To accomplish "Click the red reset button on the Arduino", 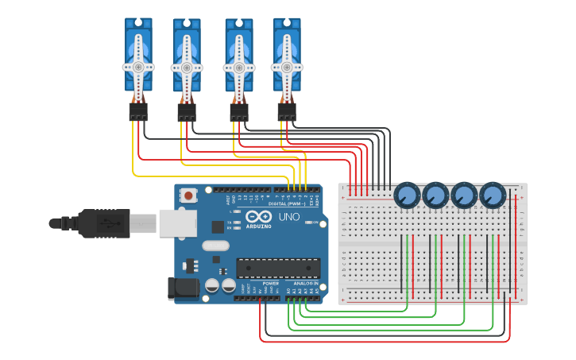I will click(189, 195).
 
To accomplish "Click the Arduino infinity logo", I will click(259, 217).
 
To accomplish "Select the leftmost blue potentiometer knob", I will click(407, 195).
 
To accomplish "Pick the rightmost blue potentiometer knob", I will click(493, 195).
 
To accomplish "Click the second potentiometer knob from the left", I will click(435, 195).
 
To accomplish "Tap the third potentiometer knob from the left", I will click(464, 195).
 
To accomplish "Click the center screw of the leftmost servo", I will click(138, 68).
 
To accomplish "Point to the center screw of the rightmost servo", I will click(287, 68).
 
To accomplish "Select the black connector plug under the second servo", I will click(187, 113).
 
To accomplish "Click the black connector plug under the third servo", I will click(239, 113).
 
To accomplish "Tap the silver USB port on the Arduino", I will click(177, 223).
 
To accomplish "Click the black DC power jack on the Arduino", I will click(183, 288).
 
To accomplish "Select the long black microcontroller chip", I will click(278, 269).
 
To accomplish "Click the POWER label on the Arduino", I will click(270, 283).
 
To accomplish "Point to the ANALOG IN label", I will click(306, 283).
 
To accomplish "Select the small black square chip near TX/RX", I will click(217, 226).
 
